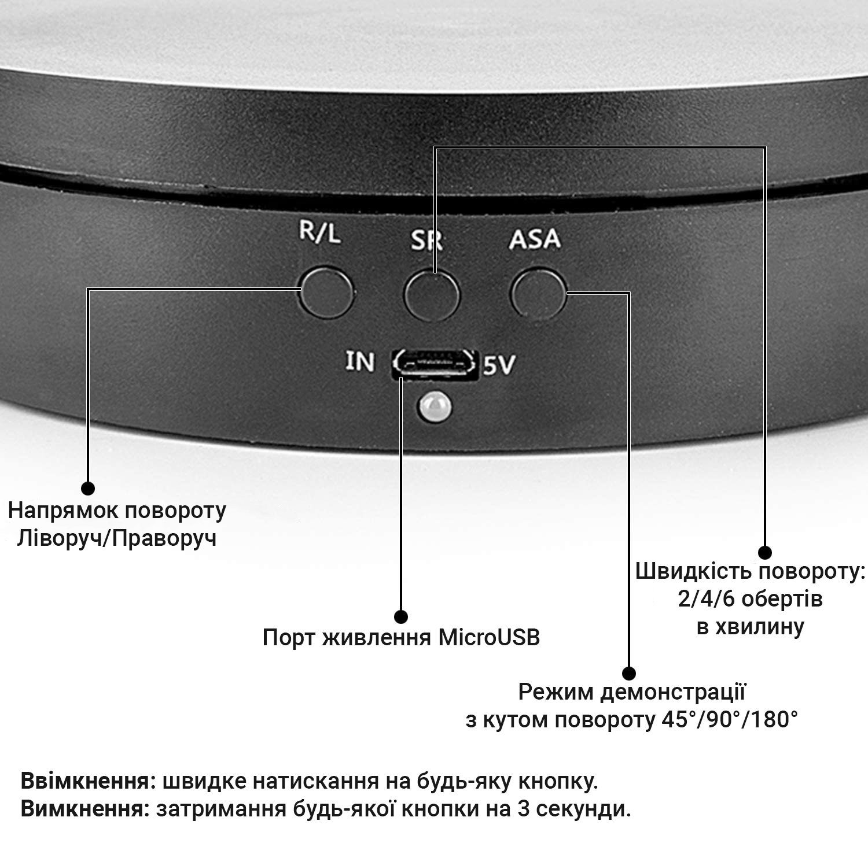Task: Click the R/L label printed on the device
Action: [x=320, y=233]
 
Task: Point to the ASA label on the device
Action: [x=535, y=239]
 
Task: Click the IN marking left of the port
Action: [x=360, y=361]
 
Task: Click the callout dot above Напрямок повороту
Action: [x=87, y=488]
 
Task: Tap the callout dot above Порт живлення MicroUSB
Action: [x=400, y=617]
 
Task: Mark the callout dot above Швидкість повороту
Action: [x=764, y=552]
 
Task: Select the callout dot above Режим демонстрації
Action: [x=629, y=673]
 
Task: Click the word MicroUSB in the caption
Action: [x=489, y=637]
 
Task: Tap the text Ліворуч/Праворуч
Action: [x=117, y=538]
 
